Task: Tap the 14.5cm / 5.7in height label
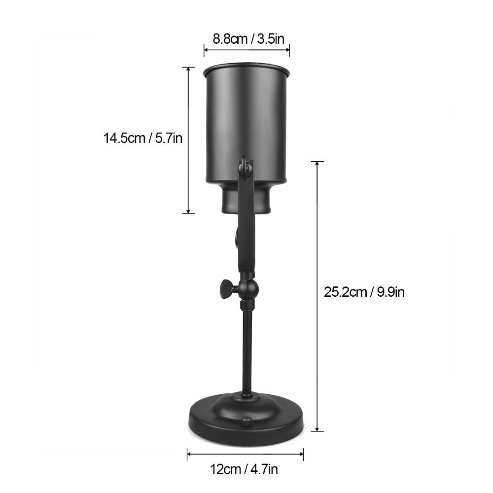[x=143, y=138]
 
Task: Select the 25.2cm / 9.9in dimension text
[x=364, y=292]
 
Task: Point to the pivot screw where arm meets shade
[x=244, y=169]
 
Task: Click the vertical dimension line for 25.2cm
[x=317, y=296]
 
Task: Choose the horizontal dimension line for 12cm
[x=245, y=454]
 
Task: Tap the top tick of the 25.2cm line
[x=317, y=162]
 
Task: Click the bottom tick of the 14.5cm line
[x=188, y=213]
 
